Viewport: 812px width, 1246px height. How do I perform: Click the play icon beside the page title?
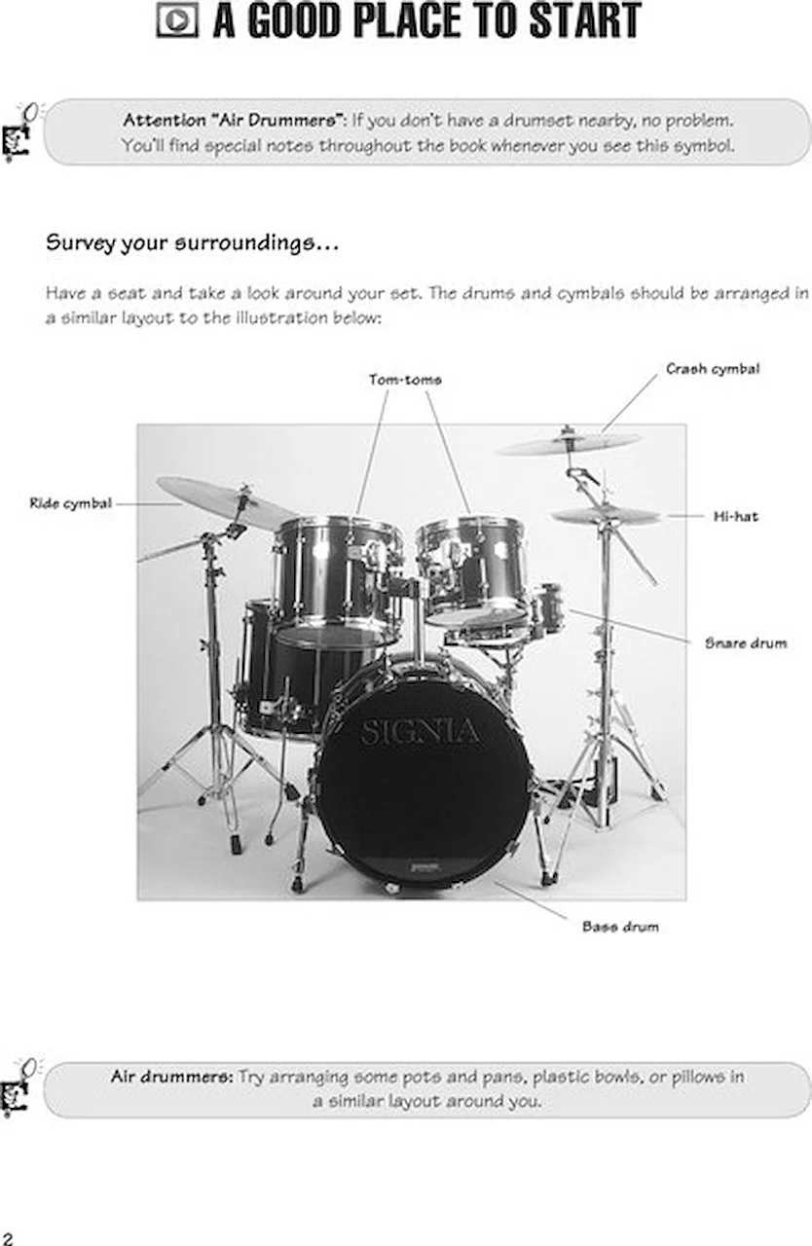pos(177,20)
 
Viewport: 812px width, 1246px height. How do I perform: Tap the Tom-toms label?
pos(404,380)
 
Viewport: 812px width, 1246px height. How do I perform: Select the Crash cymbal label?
pos(713,369)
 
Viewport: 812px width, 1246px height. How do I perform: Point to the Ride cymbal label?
pos(70,503)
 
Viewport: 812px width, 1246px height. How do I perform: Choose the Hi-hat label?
pos(735,516)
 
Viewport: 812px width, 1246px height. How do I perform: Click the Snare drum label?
pos(746,643)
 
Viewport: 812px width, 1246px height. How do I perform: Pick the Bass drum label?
pos(620,927)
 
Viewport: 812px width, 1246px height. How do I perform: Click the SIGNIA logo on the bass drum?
pos(420,732)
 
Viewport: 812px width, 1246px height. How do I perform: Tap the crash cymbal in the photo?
pos(569,444)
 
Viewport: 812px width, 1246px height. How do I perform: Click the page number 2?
pos(8,1237)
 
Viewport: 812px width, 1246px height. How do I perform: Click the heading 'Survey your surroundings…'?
pos(192,242)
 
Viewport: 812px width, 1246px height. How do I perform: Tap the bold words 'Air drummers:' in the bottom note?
pos(171,1078)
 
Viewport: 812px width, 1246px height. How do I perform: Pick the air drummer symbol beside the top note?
pos(19,132)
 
